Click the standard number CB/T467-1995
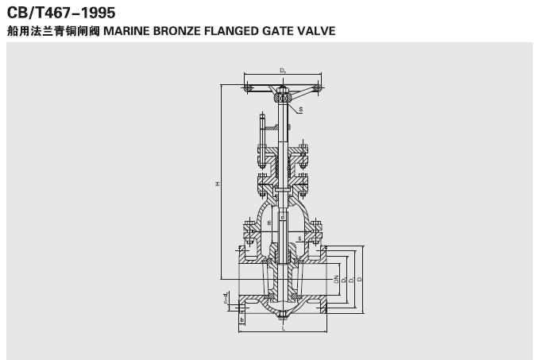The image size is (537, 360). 60,14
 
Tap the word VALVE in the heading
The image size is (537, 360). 316,32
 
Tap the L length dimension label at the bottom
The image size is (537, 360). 284,328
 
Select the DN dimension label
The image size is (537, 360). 335,279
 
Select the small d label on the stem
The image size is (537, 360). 284,215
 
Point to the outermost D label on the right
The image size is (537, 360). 361,279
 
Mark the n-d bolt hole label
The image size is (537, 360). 226,297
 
